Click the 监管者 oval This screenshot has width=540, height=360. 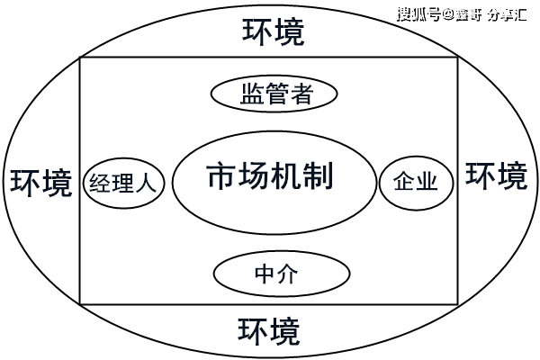click(x=274, y=94)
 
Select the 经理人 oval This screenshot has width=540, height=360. click(x=122, y=184)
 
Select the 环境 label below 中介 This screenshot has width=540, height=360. click(x=269, y=332)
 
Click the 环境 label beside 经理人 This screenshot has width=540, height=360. click(x=40, y=183)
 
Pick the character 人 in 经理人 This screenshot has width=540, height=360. click(x=146, y=184)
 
